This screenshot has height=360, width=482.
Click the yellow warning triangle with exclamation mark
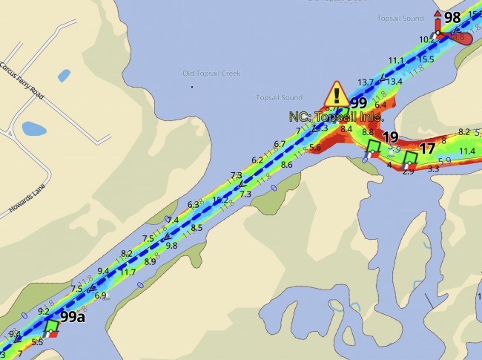(337, 95)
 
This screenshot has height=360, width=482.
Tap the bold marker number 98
(452, 18)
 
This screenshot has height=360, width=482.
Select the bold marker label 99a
(73, 317)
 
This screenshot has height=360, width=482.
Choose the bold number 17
(427, 148)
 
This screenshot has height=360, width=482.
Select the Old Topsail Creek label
(208, 73)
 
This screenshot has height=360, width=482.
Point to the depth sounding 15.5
(426, 59)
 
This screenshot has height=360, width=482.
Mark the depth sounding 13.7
(366, 82)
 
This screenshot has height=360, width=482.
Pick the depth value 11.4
(467, 151)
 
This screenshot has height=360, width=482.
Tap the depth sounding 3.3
(434, 169)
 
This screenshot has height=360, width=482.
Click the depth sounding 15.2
(220, 200)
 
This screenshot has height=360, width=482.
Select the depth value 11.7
(127, 272)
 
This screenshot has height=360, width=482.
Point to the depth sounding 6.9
(101, 295)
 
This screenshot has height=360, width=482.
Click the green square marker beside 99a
(52, 326)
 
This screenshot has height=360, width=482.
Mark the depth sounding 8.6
(287, 165)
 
